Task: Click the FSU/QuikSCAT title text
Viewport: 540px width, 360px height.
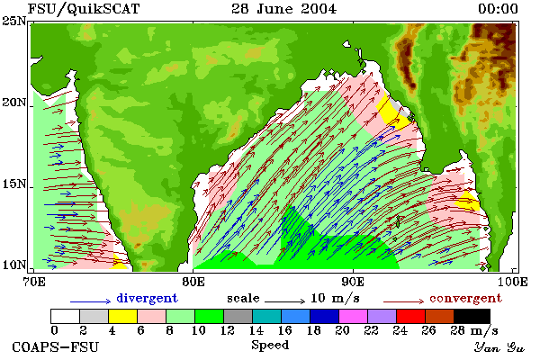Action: [84, 9]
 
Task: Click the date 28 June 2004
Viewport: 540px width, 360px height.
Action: [283, 9]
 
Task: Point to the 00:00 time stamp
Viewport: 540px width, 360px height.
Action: [498, 9]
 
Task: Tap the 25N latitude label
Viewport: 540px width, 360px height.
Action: [13, 21]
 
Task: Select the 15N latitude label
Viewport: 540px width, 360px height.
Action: [13, 184]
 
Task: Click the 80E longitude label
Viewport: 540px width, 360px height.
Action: [193, 282]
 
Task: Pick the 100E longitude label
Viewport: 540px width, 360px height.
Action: [513, 282]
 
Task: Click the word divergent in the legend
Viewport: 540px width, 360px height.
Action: [147, 298]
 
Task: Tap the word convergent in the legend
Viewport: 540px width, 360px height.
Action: [465, 298]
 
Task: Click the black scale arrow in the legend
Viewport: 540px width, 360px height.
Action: [284, 301]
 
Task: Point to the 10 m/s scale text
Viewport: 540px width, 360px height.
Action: [335, 298]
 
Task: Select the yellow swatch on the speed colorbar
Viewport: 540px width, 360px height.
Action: [123, 316]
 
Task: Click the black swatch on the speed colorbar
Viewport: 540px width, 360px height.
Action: [472, 316]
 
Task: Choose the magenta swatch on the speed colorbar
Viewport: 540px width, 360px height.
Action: [354, 316]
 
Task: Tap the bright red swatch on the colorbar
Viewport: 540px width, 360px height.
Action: [411, 316]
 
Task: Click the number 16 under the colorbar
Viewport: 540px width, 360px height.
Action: [285, 330]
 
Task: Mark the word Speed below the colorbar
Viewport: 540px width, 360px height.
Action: [270, 346]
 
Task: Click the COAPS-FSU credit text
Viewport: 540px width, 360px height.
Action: [56, 346]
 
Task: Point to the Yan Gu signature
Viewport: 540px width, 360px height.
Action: [499, 347]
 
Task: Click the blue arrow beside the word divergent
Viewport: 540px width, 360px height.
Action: [90, 301]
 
